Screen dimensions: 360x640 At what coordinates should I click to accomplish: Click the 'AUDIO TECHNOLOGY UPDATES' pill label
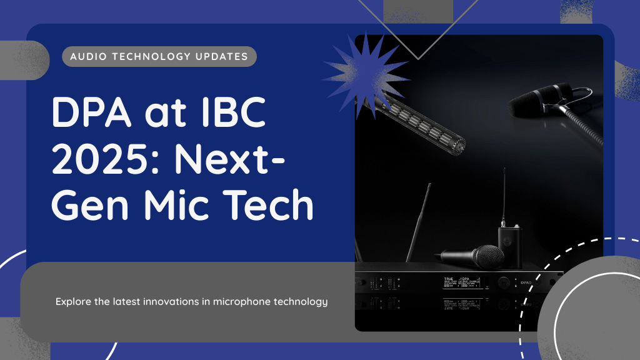tap(159, 56)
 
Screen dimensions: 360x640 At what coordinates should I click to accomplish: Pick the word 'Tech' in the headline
tap(271, 205)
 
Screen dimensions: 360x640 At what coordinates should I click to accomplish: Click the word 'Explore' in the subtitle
tap(73, 301)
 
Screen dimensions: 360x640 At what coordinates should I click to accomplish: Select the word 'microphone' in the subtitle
tap(240, 301)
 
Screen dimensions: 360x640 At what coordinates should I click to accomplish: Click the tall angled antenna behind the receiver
tap(419, 222)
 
